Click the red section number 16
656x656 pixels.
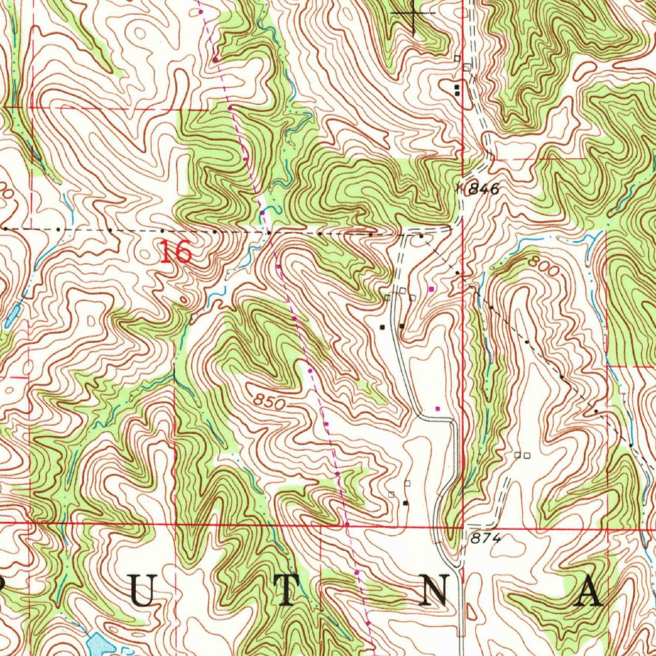pos(176,252)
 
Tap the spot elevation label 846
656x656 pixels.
pos(483,189)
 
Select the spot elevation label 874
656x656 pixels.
pos(485,539)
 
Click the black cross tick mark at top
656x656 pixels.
pos(414,13)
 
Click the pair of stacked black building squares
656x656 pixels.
pos(457,90)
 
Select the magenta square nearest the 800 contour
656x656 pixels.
pos(431,290)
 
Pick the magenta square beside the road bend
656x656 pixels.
pos(438,407)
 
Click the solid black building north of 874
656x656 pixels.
pos(405,504)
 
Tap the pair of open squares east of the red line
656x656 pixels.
pos(522,455)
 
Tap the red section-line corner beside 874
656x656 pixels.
pos(463,527)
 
